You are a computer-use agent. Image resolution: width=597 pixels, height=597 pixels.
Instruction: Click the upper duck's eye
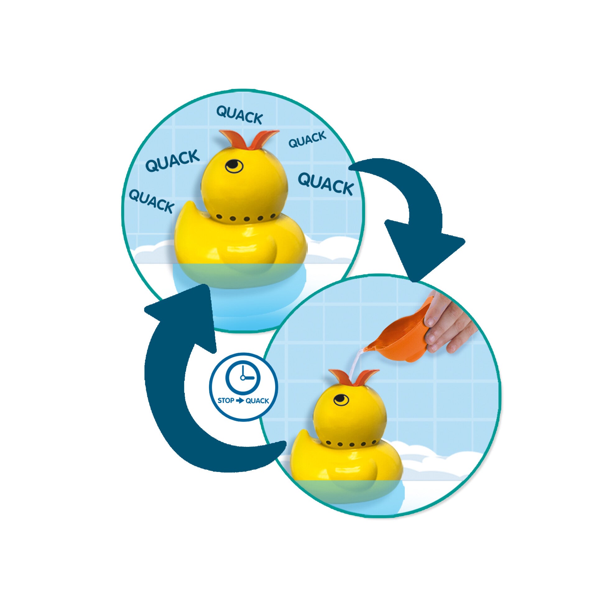point(234,166)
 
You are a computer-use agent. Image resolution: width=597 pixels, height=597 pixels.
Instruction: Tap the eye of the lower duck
point(341,399)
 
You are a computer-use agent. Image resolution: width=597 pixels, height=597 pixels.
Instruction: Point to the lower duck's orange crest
point(354,377)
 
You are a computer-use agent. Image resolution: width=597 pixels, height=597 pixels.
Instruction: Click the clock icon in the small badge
point(243,377)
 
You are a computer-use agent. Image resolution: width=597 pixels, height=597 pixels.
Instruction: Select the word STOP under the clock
point(226,400)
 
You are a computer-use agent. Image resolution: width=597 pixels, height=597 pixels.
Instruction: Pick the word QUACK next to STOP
point(257,401)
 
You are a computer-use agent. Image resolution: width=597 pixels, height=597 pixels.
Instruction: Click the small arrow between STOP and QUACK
point(240,400)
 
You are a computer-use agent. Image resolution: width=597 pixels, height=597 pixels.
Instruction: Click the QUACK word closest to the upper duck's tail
point(151,201)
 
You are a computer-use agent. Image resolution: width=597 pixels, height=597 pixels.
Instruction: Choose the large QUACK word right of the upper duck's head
point(326,184)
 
